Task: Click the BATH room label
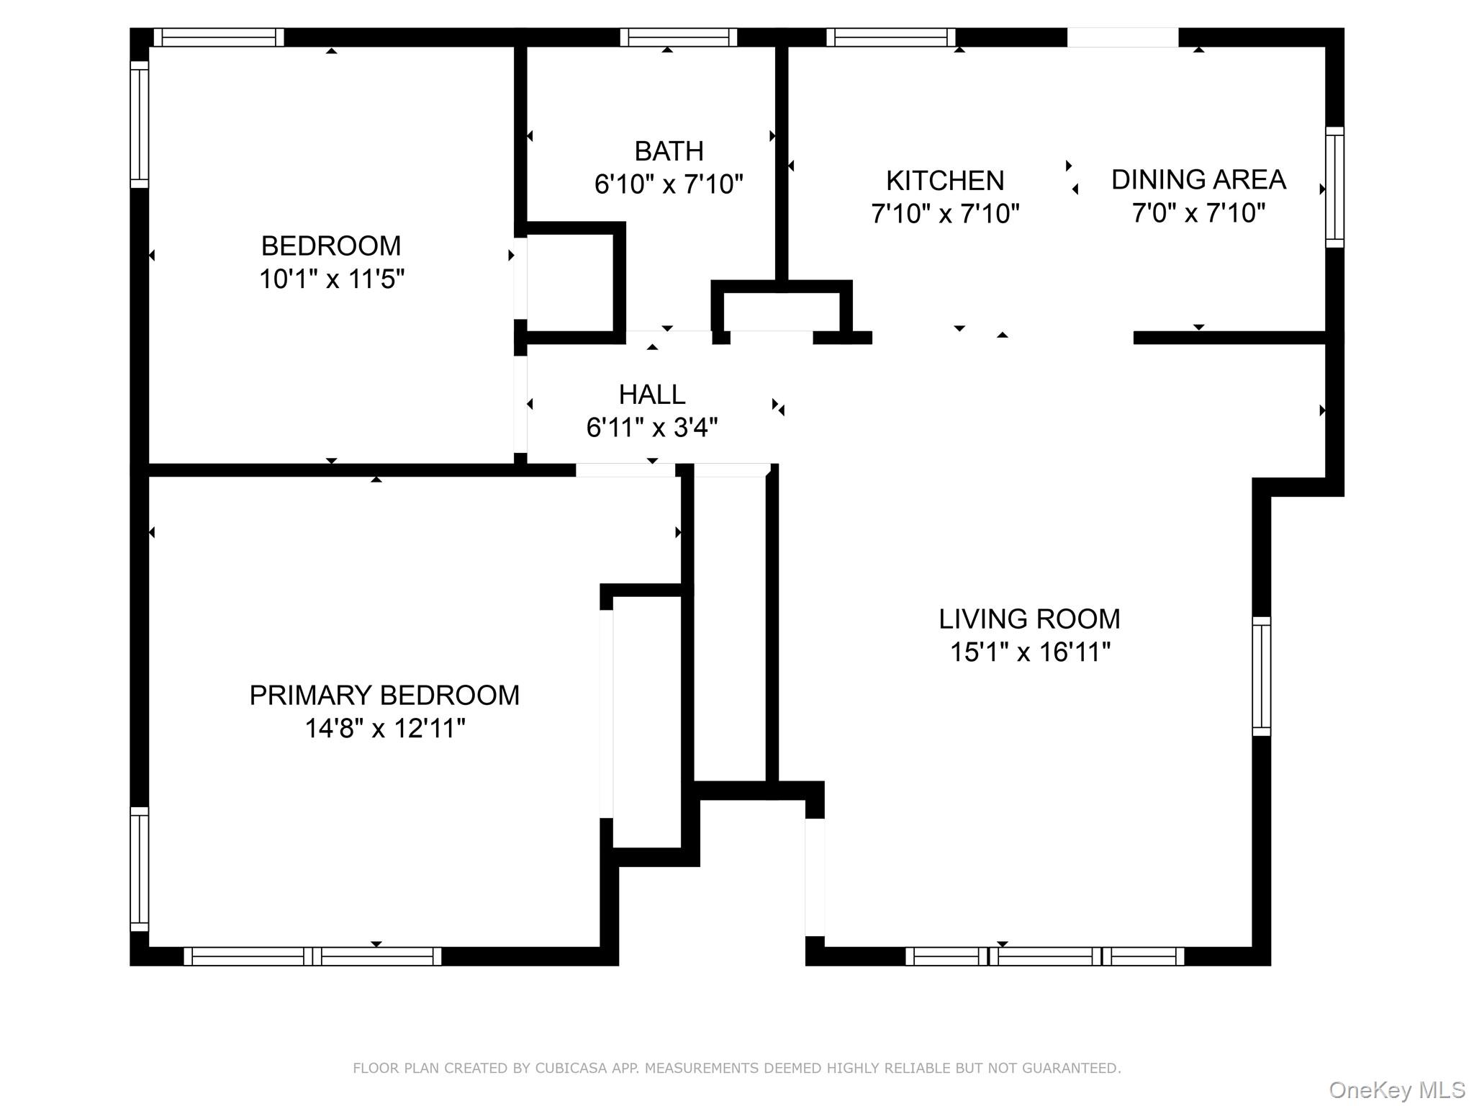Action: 669,151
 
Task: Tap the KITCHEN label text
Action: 944,181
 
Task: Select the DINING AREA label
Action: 1198,180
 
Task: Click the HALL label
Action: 652,395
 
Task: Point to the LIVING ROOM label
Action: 1029,619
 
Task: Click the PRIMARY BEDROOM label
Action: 384,696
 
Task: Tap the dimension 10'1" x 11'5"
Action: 332,279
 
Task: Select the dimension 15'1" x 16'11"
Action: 1030,652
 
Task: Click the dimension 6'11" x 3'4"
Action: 652,428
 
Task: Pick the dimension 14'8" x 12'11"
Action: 385,729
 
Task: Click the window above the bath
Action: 678,37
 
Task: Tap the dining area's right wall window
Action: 1334,187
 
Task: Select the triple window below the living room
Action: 1044,956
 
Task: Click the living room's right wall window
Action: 1261,676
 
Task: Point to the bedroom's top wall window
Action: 219,37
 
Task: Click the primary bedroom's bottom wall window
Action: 312,956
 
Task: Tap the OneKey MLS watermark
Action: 1396,1089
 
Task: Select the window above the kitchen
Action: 890,37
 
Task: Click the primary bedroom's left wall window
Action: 139,869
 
